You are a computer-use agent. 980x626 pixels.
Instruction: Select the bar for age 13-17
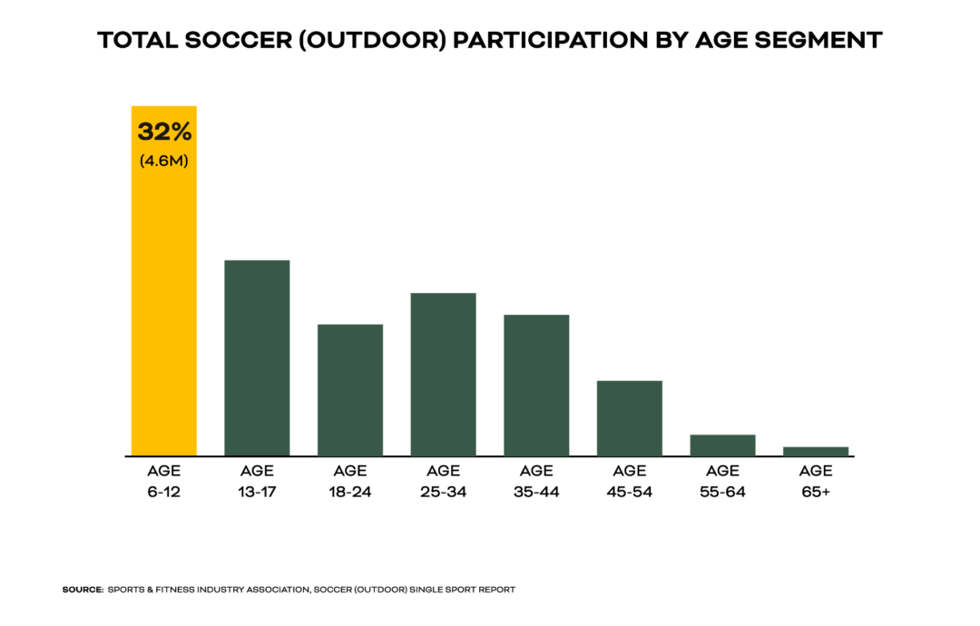click(257, 358)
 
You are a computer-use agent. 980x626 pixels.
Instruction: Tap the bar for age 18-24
click(349, 390)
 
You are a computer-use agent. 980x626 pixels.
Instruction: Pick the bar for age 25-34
click(443, 374)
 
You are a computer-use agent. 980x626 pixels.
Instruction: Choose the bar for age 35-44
click(536, 386)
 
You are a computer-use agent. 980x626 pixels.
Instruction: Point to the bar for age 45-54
click(629, 418)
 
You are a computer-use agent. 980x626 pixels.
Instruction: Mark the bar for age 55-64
click(722, 445)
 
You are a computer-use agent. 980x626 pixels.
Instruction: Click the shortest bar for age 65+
click(815, 451)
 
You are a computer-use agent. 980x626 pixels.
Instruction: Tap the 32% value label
click(164, 132)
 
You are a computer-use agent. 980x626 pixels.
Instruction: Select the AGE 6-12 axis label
click(164, 482)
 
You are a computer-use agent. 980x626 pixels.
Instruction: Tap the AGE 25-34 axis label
click(443, 482)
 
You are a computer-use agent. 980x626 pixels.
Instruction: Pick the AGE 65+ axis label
click(815, 482)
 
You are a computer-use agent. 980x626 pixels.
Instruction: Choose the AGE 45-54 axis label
click(629, 482)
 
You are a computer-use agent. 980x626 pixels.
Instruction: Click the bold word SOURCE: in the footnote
click(82, 590)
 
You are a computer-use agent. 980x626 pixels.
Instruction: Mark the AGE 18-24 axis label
click(349, 482)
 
